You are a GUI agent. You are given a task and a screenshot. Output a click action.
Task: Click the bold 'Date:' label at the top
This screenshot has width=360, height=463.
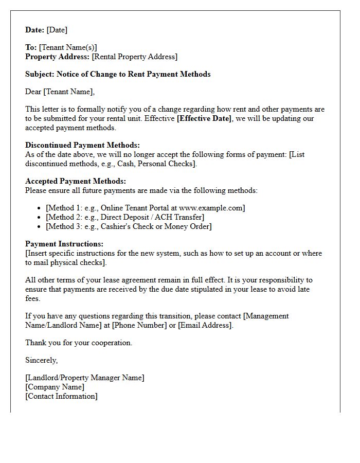coord(35,30)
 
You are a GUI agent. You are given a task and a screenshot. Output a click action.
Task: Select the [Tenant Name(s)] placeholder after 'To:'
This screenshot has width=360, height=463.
coord(68,47)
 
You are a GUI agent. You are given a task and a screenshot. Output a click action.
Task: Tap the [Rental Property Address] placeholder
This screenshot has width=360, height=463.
coord(134,57)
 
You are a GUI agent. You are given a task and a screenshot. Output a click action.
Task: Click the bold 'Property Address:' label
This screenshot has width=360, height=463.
coord(58,57)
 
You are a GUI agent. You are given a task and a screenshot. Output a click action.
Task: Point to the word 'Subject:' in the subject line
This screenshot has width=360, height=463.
coord(40,74)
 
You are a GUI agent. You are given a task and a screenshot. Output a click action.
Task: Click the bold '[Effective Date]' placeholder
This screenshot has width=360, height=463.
coord(204,118)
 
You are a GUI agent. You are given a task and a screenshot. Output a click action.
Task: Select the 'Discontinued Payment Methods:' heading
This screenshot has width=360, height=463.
coord(82,145)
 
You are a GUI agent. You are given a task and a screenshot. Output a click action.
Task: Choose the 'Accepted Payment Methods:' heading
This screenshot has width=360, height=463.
coord(76,181)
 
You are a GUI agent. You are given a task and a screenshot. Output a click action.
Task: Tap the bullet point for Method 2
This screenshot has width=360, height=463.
coord(40,217)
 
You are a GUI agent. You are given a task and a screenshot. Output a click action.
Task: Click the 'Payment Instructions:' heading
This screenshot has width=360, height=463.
coord(64,244)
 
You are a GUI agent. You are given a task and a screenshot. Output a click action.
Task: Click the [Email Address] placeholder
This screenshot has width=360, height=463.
coord(205,325)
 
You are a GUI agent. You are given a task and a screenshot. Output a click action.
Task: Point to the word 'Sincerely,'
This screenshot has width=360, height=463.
coord(42,360)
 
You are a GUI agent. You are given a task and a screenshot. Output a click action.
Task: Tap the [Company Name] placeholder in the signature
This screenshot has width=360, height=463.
coord(55,387)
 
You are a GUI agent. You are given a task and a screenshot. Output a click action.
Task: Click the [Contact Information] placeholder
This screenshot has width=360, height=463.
coord(61,396)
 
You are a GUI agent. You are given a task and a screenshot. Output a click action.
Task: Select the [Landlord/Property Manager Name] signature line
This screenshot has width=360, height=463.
coord(85,378)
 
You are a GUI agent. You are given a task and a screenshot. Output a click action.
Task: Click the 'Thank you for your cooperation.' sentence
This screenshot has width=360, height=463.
coord(79,343)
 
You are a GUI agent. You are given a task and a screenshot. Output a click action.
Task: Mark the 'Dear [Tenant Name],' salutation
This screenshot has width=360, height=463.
coord(60,92)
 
